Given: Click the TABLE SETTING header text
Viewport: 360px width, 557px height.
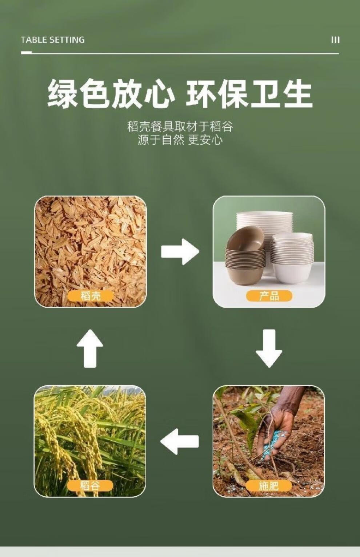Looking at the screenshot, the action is [53, 40].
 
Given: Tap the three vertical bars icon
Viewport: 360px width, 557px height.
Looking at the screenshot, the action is [335, 40].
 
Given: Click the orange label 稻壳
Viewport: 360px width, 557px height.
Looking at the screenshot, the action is [90, 296].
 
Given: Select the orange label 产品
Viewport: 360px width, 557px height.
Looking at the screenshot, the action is [269, 296].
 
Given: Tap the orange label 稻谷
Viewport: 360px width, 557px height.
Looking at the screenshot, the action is [90, 485].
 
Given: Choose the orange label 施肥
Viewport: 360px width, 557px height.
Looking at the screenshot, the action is [269, 485].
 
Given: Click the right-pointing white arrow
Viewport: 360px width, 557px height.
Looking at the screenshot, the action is [180, 252].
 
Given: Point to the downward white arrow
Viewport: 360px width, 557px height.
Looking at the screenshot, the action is [269, 348].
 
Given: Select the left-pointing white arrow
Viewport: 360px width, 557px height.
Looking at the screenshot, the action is [180, 441].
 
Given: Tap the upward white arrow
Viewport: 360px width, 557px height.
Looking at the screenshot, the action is [90, 348].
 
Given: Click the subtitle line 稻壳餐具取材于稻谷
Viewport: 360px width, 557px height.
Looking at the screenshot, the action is [180, 126].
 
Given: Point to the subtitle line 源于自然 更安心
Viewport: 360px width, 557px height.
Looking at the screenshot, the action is [180, 140].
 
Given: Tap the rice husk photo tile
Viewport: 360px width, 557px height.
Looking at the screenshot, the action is [90, 252].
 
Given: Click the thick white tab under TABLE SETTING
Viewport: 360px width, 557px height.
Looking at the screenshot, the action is [27, 52].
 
